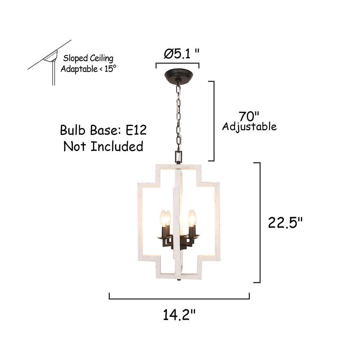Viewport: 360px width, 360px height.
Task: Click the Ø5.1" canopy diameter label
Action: (x=181, y=54)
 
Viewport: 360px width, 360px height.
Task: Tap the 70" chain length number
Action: (x=249, y=116)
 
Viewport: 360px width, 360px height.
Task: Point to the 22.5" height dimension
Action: (x=285, y=222)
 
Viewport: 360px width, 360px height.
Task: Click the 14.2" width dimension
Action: (x=179, y=315)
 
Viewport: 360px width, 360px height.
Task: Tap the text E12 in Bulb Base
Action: (x=136, y=130)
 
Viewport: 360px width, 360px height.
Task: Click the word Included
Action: (x=117, y=146)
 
